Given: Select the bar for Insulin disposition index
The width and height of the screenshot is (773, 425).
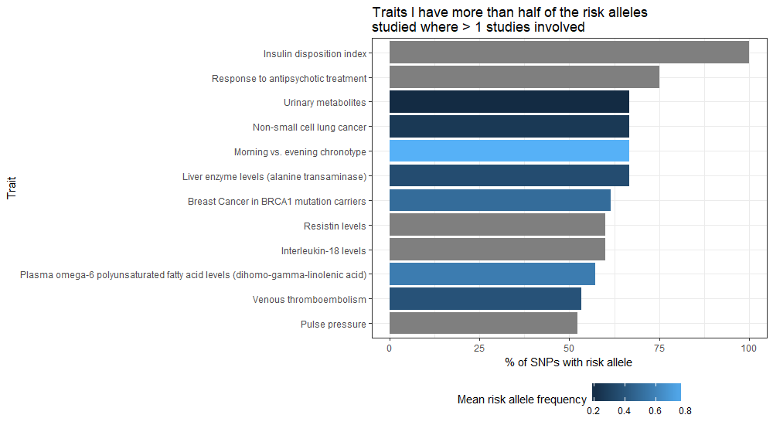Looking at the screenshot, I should (569, 53).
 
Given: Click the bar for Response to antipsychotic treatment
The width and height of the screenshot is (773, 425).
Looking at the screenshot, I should (524, 77).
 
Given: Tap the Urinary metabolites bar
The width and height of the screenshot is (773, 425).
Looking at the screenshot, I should (509, 102).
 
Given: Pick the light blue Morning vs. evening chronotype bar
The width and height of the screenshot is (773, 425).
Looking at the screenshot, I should (509, 151).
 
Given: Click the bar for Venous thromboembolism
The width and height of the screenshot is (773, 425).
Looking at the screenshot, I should (485, 299).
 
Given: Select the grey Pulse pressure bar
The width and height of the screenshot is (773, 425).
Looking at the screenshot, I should (483, 324).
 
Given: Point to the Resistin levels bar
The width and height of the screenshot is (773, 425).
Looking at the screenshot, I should (497, 225).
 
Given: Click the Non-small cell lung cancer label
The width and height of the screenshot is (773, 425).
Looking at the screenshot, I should (309, 127).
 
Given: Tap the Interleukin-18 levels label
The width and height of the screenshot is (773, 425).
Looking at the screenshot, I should (323, 250).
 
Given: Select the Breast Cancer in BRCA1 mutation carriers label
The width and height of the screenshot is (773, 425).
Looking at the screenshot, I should (277, 202).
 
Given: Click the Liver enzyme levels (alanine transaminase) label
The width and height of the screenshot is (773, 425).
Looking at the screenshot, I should (274, 177).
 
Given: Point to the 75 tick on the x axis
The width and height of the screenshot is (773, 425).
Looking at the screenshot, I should (659, 348).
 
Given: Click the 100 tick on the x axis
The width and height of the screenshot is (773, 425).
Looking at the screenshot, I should (749, 348).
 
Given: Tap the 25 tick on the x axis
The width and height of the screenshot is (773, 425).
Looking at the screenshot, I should (479, 348).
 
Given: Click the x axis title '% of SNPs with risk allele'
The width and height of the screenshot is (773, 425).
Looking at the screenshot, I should (569, 362).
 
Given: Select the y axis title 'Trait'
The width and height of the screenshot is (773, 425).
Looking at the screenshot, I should (12, 188).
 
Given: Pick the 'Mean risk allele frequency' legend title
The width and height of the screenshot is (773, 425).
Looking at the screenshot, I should (522, 399).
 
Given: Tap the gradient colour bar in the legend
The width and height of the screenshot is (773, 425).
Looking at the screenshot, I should (636, 393).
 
